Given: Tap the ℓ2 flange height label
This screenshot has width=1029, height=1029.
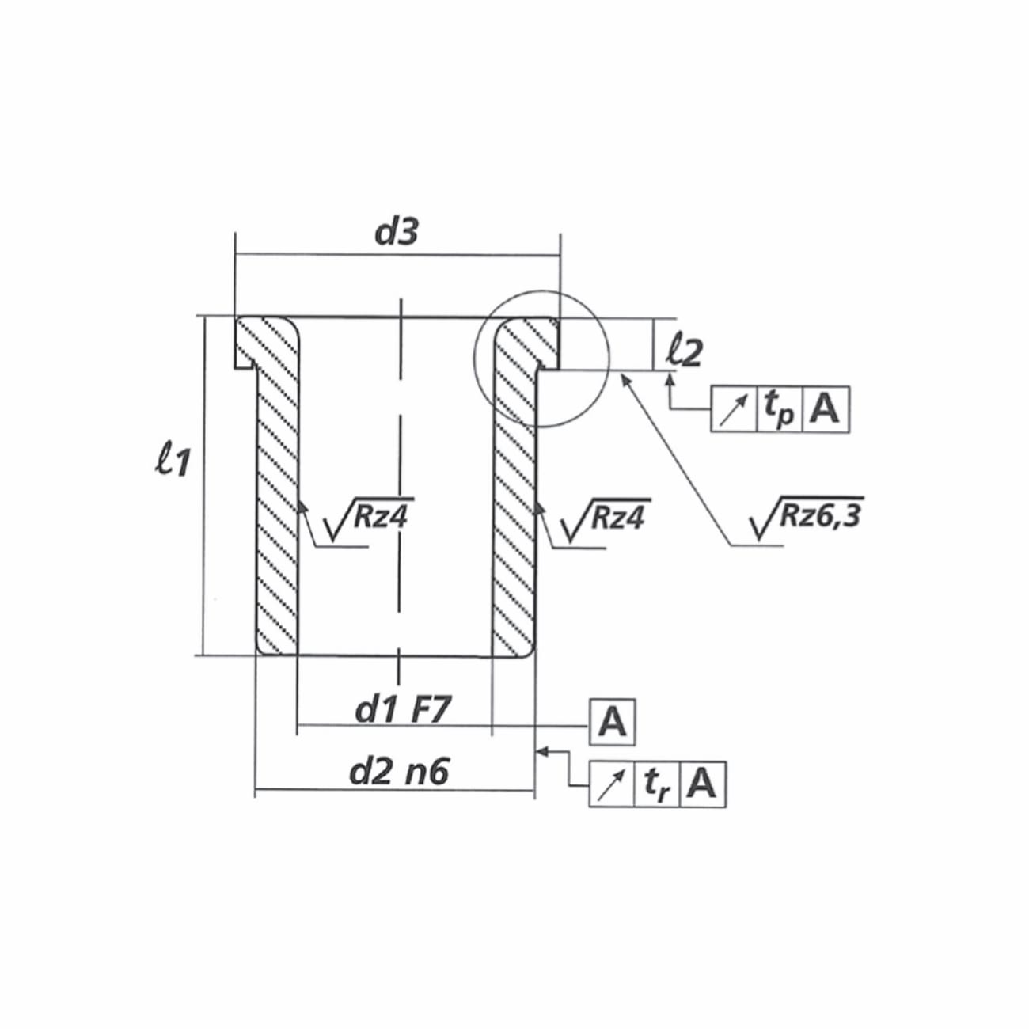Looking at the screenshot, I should tap(684, 351).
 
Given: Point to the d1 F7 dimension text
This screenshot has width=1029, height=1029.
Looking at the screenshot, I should tap(403, 709).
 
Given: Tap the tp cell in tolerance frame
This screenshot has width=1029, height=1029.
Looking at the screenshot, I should tap(780, 409).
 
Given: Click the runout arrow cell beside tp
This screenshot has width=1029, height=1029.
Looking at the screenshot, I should tap(735, 409).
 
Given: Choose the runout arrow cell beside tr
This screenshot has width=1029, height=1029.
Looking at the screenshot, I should tap(612, 785).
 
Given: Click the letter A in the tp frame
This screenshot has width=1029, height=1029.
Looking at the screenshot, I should tap(826, 409).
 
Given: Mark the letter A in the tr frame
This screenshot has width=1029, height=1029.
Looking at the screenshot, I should tap(703, 785).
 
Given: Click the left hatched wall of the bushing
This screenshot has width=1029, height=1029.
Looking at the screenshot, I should tap(276, 507).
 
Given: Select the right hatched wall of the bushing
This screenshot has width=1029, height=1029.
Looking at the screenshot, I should tap(514, 507).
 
